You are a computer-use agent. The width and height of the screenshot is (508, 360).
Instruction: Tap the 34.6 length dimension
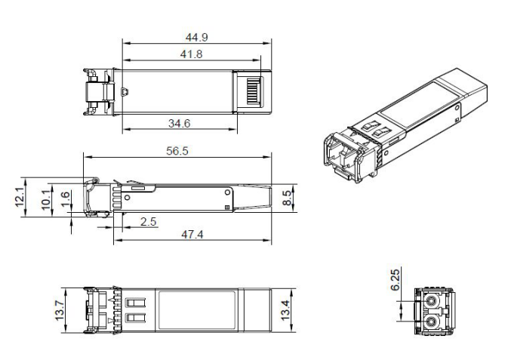point(179,122)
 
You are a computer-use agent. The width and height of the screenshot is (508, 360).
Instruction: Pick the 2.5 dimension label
point(149,220)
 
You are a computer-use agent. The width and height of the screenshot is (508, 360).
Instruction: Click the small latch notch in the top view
point(125,94)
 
